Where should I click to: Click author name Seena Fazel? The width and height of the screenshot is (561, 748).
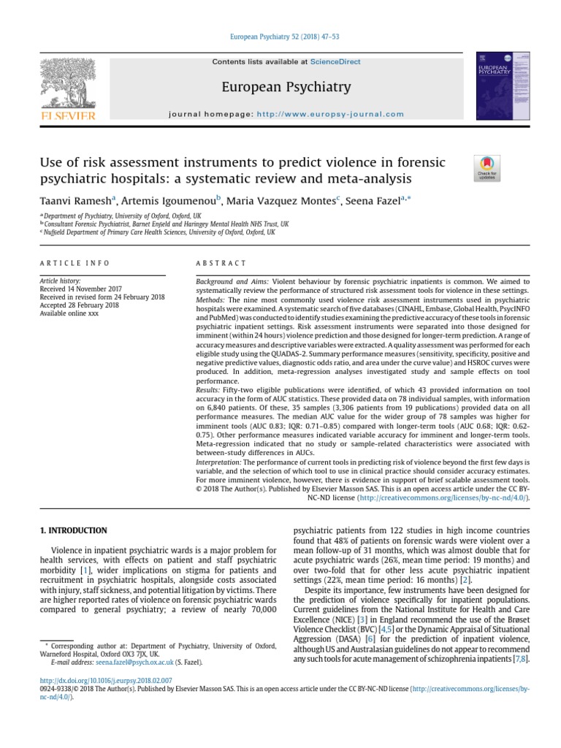[370, 201]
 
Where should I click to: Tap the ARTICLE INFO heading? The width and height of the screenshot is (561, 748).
[75, 263]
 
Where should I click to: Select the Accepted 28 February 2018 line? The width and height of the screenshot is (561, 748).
[79, 305]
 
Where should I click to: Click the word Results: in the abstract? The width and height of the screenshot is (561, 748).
[212, 389]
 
